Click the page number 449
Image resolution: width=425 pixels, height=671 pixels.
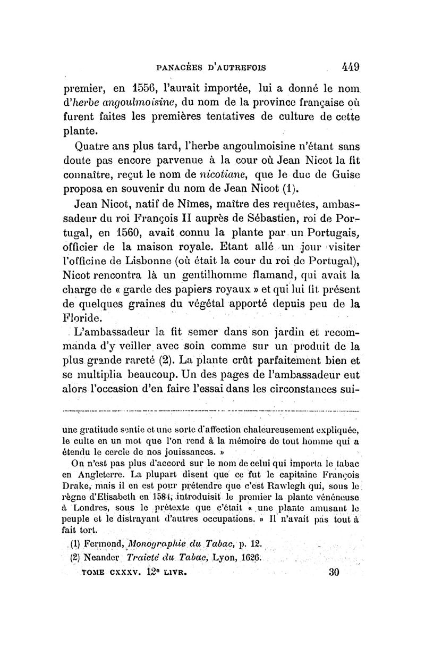[x=351, y=68]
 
